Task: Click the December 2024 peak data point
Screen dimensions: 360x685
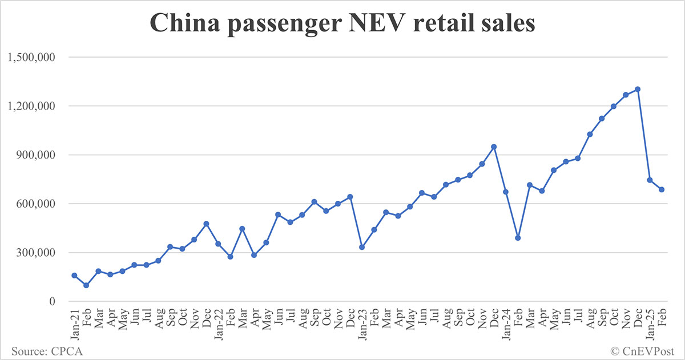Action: (638, 89)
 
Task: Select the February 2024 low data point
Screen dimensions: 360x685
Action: (518, 238)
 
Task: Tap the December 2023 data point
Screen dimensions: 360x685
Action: (494, 147)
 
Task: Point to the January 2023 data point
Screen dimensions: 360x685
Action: (362, 247)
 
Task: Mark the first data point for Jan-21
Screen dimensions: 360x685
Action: (74, 276)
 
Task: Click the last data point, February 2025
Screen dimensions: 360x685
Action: (662, 189)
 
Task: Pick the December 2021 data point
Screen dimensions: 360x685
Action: (206, 224)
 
